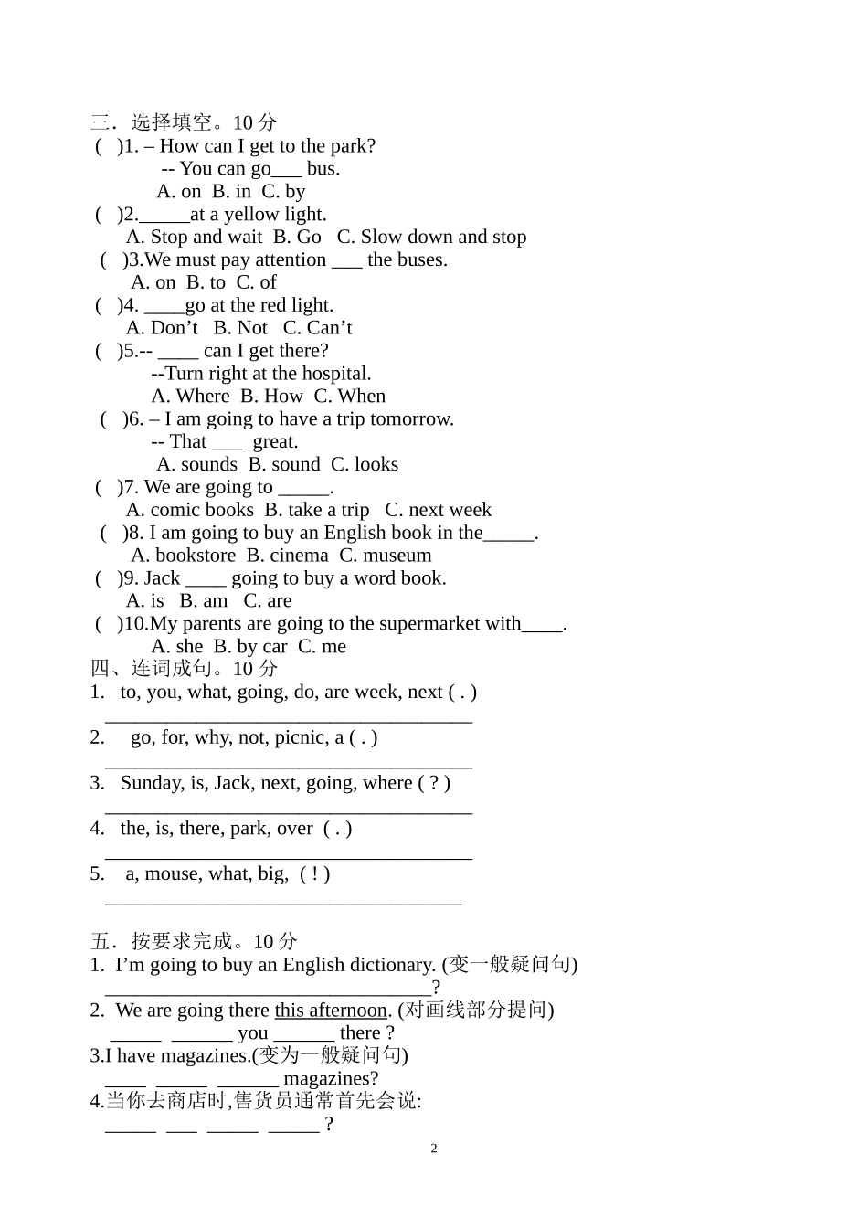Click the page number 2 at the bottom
pyautogui.click(x=434, y=1149)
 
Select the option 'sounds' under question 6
pyautogui.click(x=208, y=464)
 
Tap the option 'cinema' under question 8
pyautogui.click(x=299, y=556)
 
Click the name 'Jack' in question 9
pyautogui.click(x=162, y=578)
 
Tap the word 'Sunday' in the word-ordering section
pyautogui.click(x=152, y=783)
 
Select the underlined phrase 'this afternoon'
pyautogui.click(x=331, y=1011)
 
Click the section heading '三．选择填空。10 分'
pyautogui.click(x=183, y=122)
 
